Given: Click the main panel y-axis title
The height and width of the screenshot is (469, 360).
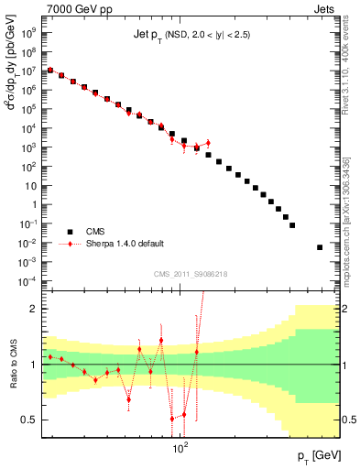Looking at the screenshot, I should (x=13, y=92).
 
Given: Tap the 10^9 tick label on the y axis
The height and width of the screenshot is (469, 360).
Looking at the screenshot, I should (x=29, y=31).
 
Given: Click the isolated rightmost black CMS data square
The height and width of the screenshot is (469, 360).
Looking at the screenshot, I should (x=320, y=247).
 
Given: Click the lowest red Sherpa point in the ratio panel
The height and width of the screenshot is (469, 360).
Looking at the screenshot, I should (x=172, y=419).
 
